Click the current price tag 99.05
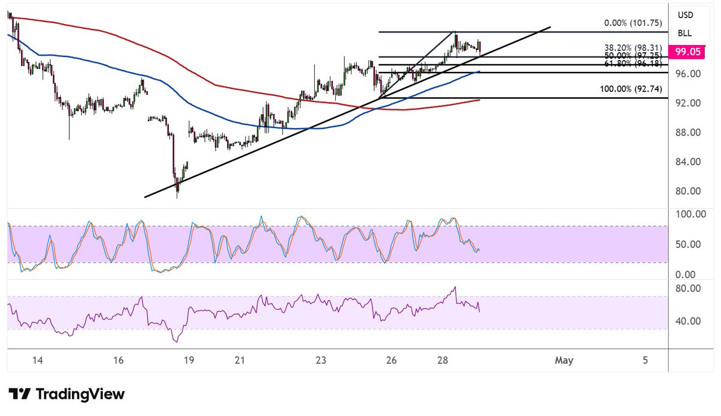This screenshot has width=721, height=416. [688, 52]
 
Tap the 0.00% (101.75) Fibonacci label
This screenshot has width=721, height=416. [633, 23]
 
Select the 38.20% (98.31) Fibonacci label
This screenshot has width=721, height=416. [633, 47]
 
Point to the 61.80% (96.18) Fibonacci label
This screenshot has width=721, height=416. [633, 62]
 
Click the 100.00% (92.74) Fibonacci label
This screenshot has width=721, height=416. [631, 89]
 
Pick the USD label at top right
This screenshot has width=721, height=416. [685, 15]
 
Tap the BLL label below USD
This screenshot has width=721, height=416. [685, 33]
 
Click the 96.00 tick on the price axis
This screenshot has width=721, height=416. [688, 73]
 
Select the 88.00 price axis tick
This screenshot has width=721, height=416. [688, 132]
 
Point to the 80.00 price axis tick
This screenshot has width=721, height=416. [688, 191]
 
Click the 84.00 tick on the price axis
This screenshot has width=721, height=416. [688, 161]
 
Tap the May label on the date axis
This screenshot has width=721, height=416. [564, 360]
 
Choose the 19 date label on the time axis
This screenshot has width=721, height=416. [189, 360]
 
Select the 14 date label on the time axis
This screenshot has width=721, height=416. [37, 360]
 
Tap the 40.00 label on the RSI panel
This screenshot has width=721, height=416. [688, 321]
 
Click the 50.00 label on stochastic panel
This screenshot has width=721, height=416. [688, 244]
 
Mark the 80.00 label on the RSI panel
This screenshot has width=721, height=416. [688, 288]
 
